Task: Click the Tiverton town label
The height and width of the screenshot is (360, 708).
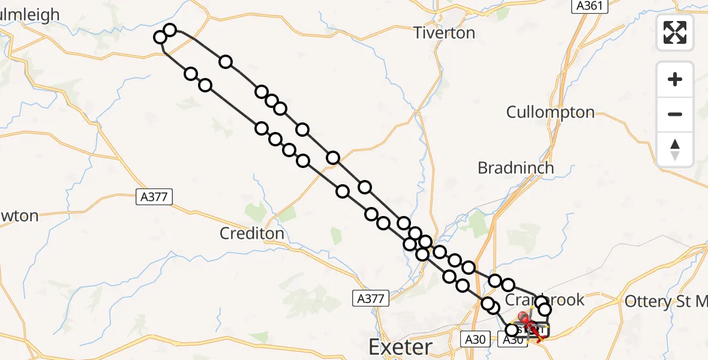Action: click(445, 32)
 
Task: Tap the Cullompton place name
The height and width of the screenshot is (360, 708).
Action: click(550, 112)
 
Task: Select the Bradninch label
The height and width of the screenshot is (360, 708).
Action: click(515, 168)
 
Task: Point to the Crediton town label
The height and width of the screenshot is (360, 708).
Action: click(251, 233)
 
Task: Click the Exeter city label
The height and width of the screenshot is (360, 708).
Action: click(400, 347)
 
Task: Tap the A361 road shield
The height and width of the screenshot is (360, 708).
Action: click(588, 6)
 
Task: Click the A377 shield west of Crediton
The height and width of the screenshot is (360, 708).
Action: click(154, 196)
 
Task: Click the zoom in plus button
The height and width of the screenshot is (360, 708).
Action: click(675, 80)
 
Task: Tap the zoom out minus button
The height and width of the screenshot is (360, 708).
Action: click(675, 114)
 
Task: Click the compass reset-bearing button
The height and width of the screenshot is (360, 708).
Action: click(675, 149)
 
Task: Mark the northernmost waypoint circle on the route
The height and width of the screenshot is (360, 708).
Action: click(170, 30)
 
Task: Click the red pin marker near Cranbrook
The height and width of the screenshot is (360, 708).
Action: click(523, 316)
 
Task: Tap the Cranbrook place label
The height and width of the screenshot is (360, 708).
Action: click(545, 299)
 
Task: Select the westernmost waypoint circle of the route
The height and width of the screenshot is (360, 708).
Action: click(160, 37)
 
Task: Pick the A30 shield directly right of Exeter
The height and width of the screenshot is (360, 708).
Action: click(473, 340)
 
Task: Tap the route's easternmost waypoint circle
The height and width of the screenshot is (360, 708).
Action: click(545, 310)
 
